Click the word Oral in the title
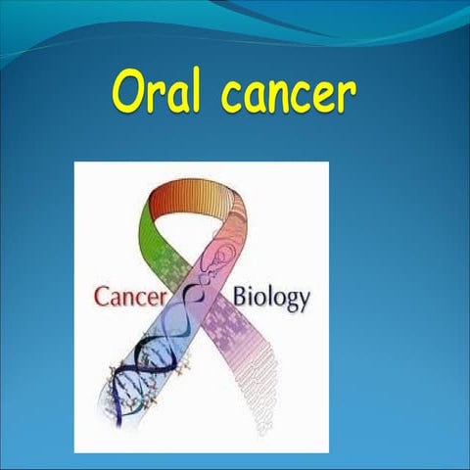pyautogui.click(x=158, y=93)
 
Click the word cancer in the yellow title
pyautogui.click(x=287, y=95)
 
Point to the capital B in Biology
pyautogui.click(x=242, y=295)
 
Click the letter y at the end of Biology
pyautogui.click(x=304, y=301)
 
